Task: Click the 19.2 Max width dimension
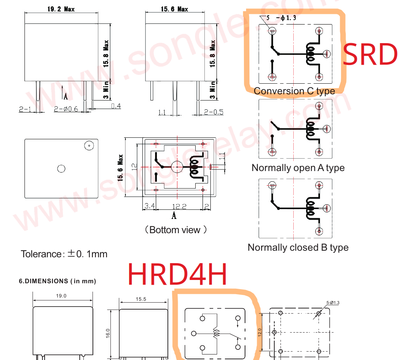click(61, 9)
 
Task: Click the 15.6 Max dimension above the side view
click(174, 9)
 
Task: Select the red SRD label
click(370, 54)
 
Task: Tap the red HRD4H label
click(178, 274)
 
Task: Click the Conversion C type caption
click(294, 91)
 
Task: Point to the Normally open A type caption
click(298, 168)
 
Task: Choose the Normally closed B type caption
click(298, 247)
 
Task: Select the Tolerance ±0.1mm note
click(64, 254)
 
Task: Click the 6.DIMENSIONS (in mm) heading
click(57, 281)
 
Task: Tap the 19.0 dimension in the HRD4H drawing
click(61, 296)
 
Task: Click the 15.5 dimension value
click(141, 299)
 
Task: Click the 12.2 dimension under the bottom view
click(179, 206)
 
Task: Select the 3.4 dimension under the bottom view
click(149, 206)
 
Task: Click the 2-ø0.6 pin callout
click(66, 109)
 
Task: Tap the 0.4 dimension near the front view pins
click(116, 106)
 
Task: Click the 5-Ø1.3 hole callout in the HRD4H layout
click(332, 303)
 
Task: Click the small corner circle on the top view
click(88, 145)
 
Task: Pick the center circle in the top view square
click(61, 168)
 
